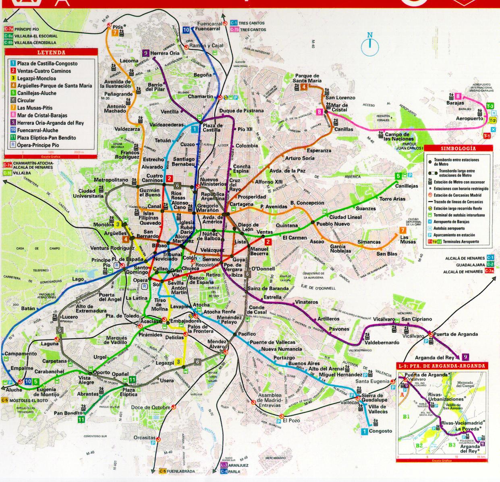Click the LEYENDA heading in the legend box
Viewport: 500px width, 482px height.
tap(51, 52)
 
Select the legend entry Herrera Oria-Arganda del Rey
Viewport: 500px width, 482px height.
tap(50, 123)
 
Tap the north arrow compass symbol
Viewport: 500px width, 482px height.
tap(370, 45)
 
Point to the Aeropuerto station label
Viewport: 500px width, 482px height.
tap(469, 119)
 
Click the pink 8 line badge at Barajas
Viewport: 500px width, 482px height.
tap(458, 96)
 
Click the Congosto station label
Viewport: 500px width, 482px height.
tap(380, 431)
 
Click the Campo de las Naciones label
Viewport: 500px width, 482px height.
tap(397, 137)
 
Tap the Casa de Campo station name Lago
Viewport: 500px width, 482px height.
tap(78, 279)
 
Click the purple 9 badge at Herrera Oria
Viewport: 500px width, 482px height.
tap(145, 53)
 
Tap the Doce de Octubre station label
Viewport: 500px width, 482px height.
tap(151, 408)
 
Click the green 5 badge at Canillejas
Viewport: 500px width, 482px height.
tap(398, 176)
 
